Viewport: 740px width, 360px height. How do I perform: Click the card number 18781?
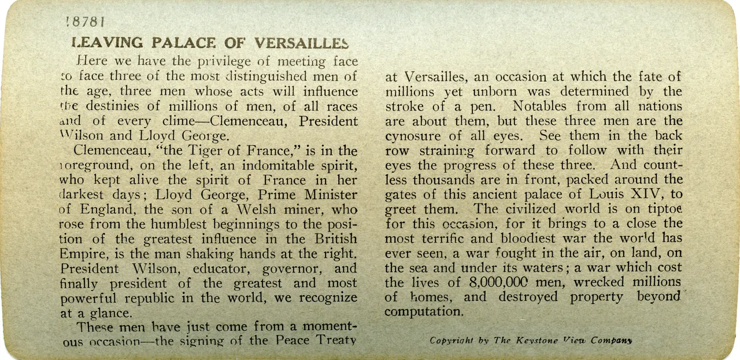pyautogui.click(x=85, y=23)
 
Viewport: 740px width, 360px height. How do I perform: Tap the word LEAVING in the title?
pyautogui.click(x=107, y=43)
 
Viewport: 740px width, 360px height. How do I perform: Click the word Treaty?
pyautogui.click(x=334, y=340)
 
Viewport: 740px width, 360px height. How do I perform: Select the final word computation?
pyautogui.click(x=424, y=312)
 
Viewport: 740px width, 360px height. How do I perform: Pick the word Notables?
pyautogui.click(x=543, y=106)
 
